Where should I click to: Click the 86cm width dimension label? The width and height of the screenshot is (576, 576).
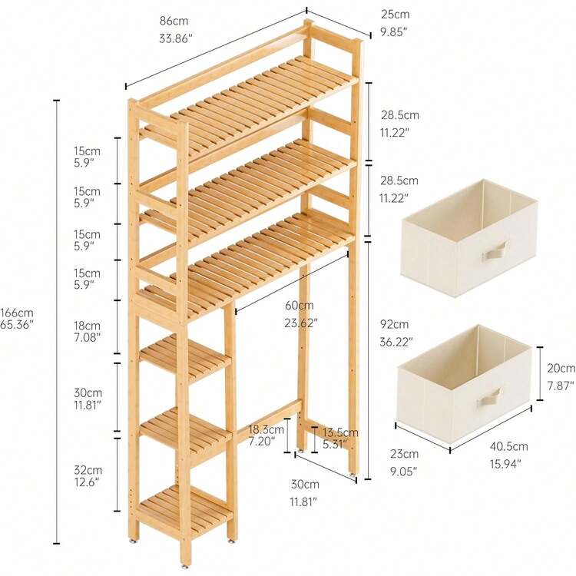tap(174, 21)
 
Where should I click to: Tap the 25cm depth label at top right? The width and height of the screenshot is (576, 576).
tap(395, 15)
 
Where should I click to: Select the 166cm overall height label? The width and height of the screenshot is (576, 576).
tap(17, 313)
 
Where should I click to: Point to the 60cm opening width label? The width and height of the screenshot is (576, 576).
tap(300, 305)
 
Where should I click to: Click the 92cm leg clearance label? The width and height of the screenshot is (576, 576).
tap(394, 324)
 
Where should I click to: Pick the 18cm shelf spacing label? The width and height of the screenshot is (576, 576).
tap(87, 326)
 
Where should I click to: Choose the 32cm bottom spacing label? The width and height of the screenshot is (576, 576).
tap(88, 470)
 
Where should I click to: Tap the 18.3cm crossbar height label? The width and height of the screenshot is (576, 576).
tap(266, 429)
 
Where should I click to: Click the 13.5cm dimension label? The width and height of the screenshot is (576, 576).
tap(340, 432)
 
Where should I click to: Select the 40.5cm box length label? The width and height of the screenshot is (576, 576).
tap(508, 446)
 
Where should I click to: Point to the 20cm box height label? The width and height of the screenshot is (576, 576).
tap(561, 368)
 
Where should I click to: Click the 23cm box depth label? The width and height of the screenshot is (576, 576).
tap(404, 454)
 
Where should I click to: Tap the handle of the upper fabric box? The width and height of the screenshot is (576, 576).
tap(495, 251)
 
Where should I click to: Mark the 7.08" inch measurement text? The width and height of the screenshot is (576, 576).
tap(87, 337)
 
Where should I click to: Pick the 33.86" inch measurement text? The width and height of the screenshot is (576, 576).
tap(176, 38)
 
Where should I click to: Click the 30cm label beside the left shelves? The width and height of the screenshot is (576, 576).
tap(88, 392)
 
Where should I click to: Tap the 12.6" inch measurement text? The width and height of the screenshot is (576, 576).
tap(87, 482)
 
